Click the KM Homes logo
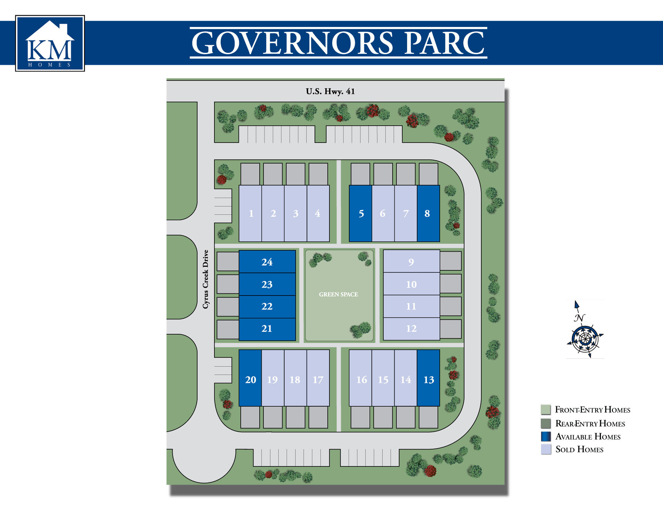tap(50, 43)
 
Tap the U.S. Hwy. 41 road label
tap(330, 91)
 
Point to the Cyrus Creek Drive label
tap(206, 279)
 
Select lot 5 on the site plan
tap(361, 214)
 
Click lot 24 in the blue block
tap(267, 262)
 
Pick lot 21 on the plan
tap(267, 329)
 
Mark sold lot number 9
tap(411, 262)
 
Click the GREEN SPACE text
tap(338, 295)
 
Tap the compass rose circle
tap(585, 339)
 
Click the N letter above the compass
tap(579, 318)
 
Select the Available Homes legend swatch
tap(546, 436)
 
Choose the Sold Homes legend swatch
tap(546, 449)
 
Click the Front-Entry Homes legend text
tap(593, 410)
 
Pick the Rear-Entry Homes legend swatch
tap(546, 423)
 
